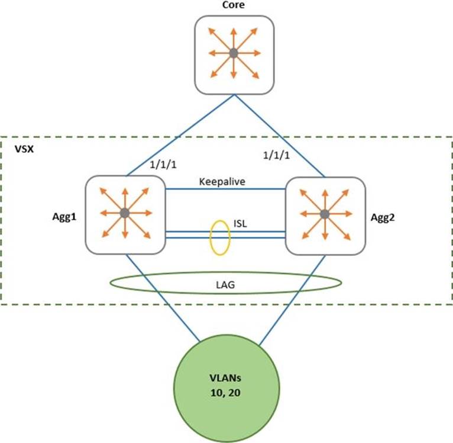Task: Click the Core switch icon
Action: click(x=234, y=54)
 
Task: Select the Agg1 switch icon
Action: click(x=124, y=213)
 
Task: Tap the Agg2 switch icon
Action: click(x=324, y=213)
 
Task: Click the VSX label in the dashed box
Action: click(x=23, y=147)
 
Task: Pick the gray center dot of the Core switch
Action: click(x=234, y=54)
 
